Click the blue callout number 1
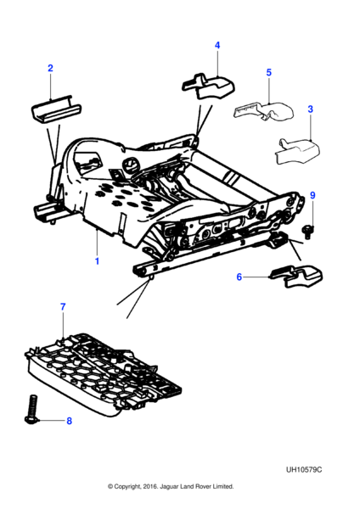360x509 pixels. (97, 261)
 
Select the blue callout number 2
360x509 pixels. (50, 68)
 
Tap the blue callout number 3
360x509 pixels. (310, 109)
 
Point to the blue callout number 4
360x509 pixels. (217, 46)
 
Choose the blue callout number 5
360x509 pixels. (268, 72)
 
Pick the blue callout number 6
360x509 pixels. (239, 277)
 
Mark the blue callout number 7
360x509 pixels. (63, 307)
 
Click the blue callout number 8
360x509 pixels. (69, 421)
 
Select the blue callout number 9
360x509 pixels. (312, 195)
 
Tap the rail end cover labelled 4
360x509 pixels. (208, 86)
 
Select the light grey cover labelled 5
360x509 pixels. (264, 111)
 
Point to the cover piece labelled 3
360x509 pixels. (297, 151)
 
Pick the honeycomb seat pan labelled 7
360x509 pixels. (103, 373)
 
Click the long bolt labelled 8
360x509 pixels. (32, 409)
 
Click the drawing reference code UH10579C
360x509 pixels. (304, 470)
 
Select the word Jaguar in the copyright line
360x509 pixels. (169, 486)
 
